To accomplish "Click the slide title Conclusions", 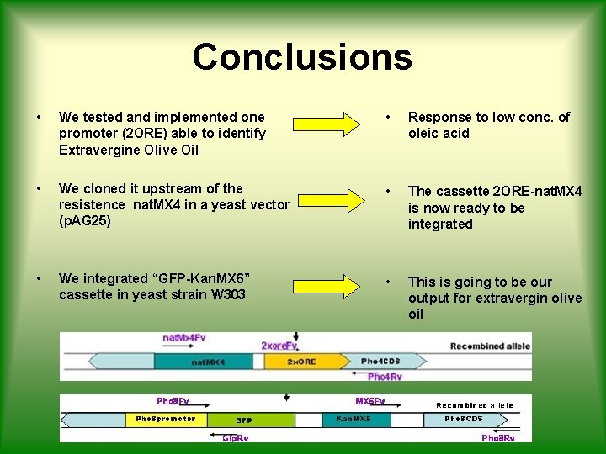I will pyautogui.click(x=302, y=57).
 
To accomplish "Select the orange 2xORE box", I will pyautogui.click(x=300, y=362).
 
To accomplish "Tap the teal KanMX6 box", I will pyautogui.click(x=356, y=419).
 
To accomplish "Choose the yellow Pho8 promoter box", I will pyautogui.click(x=166, y=419).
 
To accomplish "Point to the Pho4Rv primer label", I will pyautogui.click(x=385, y=377).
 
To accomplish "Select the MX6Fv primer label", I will pyautogui.click(x=370, y=402).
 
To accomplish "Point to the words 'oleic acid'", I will pyautogui.click(x=439, y=133).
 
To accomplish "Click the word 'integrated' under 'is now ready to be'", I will pyautogui.click(x=440, y=224).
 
